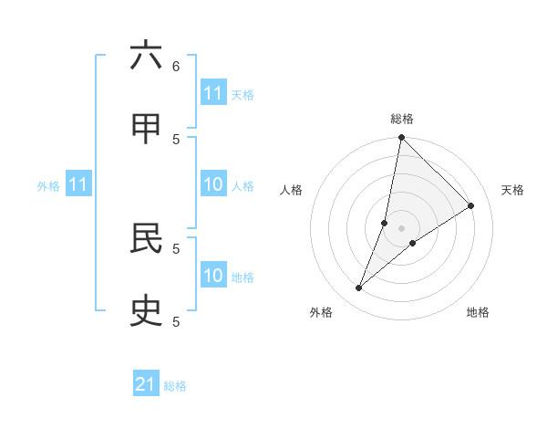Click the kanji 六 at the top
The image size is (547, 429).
pos(146,56)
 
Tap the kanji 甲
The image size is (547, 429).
pos(146,129)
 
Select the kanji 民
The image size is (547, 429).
pos(146,238)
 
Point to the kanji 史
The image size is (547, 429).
pos(146,311)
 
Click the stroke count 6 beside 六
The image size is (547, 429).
pos(176,66)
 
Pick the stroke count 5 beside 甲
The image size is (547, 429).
pos(176,139)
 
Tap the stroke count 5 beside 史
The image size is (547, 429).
pos(176,321)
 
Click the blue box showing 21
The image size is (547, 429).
pos(146,384)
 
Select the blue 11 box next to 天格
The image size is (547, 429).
pos(213,93)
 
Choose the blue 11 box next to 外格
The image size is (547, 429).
pos(78,185)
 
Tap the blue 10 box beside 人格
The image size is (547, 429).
pos(213,185)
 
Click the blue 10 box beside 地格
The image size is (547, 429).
pos(213,276)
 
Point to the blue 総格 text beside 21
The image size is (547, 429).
pos(175,386)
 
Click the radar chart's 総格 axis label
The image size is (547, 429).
pos(401,119)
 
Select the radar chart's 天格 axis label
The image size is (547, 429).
pos(513,190)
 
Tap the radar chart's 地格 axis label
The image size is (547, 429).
pos(478,312)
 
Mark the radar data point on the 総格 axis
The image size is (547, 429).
pos(401,138)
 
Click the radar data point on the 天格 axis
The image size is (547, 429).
pos(471,205)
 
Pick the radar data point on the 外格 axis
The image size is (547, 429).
pos(358,288)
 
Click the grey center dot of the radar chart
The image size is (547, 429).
pos(401,228)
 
